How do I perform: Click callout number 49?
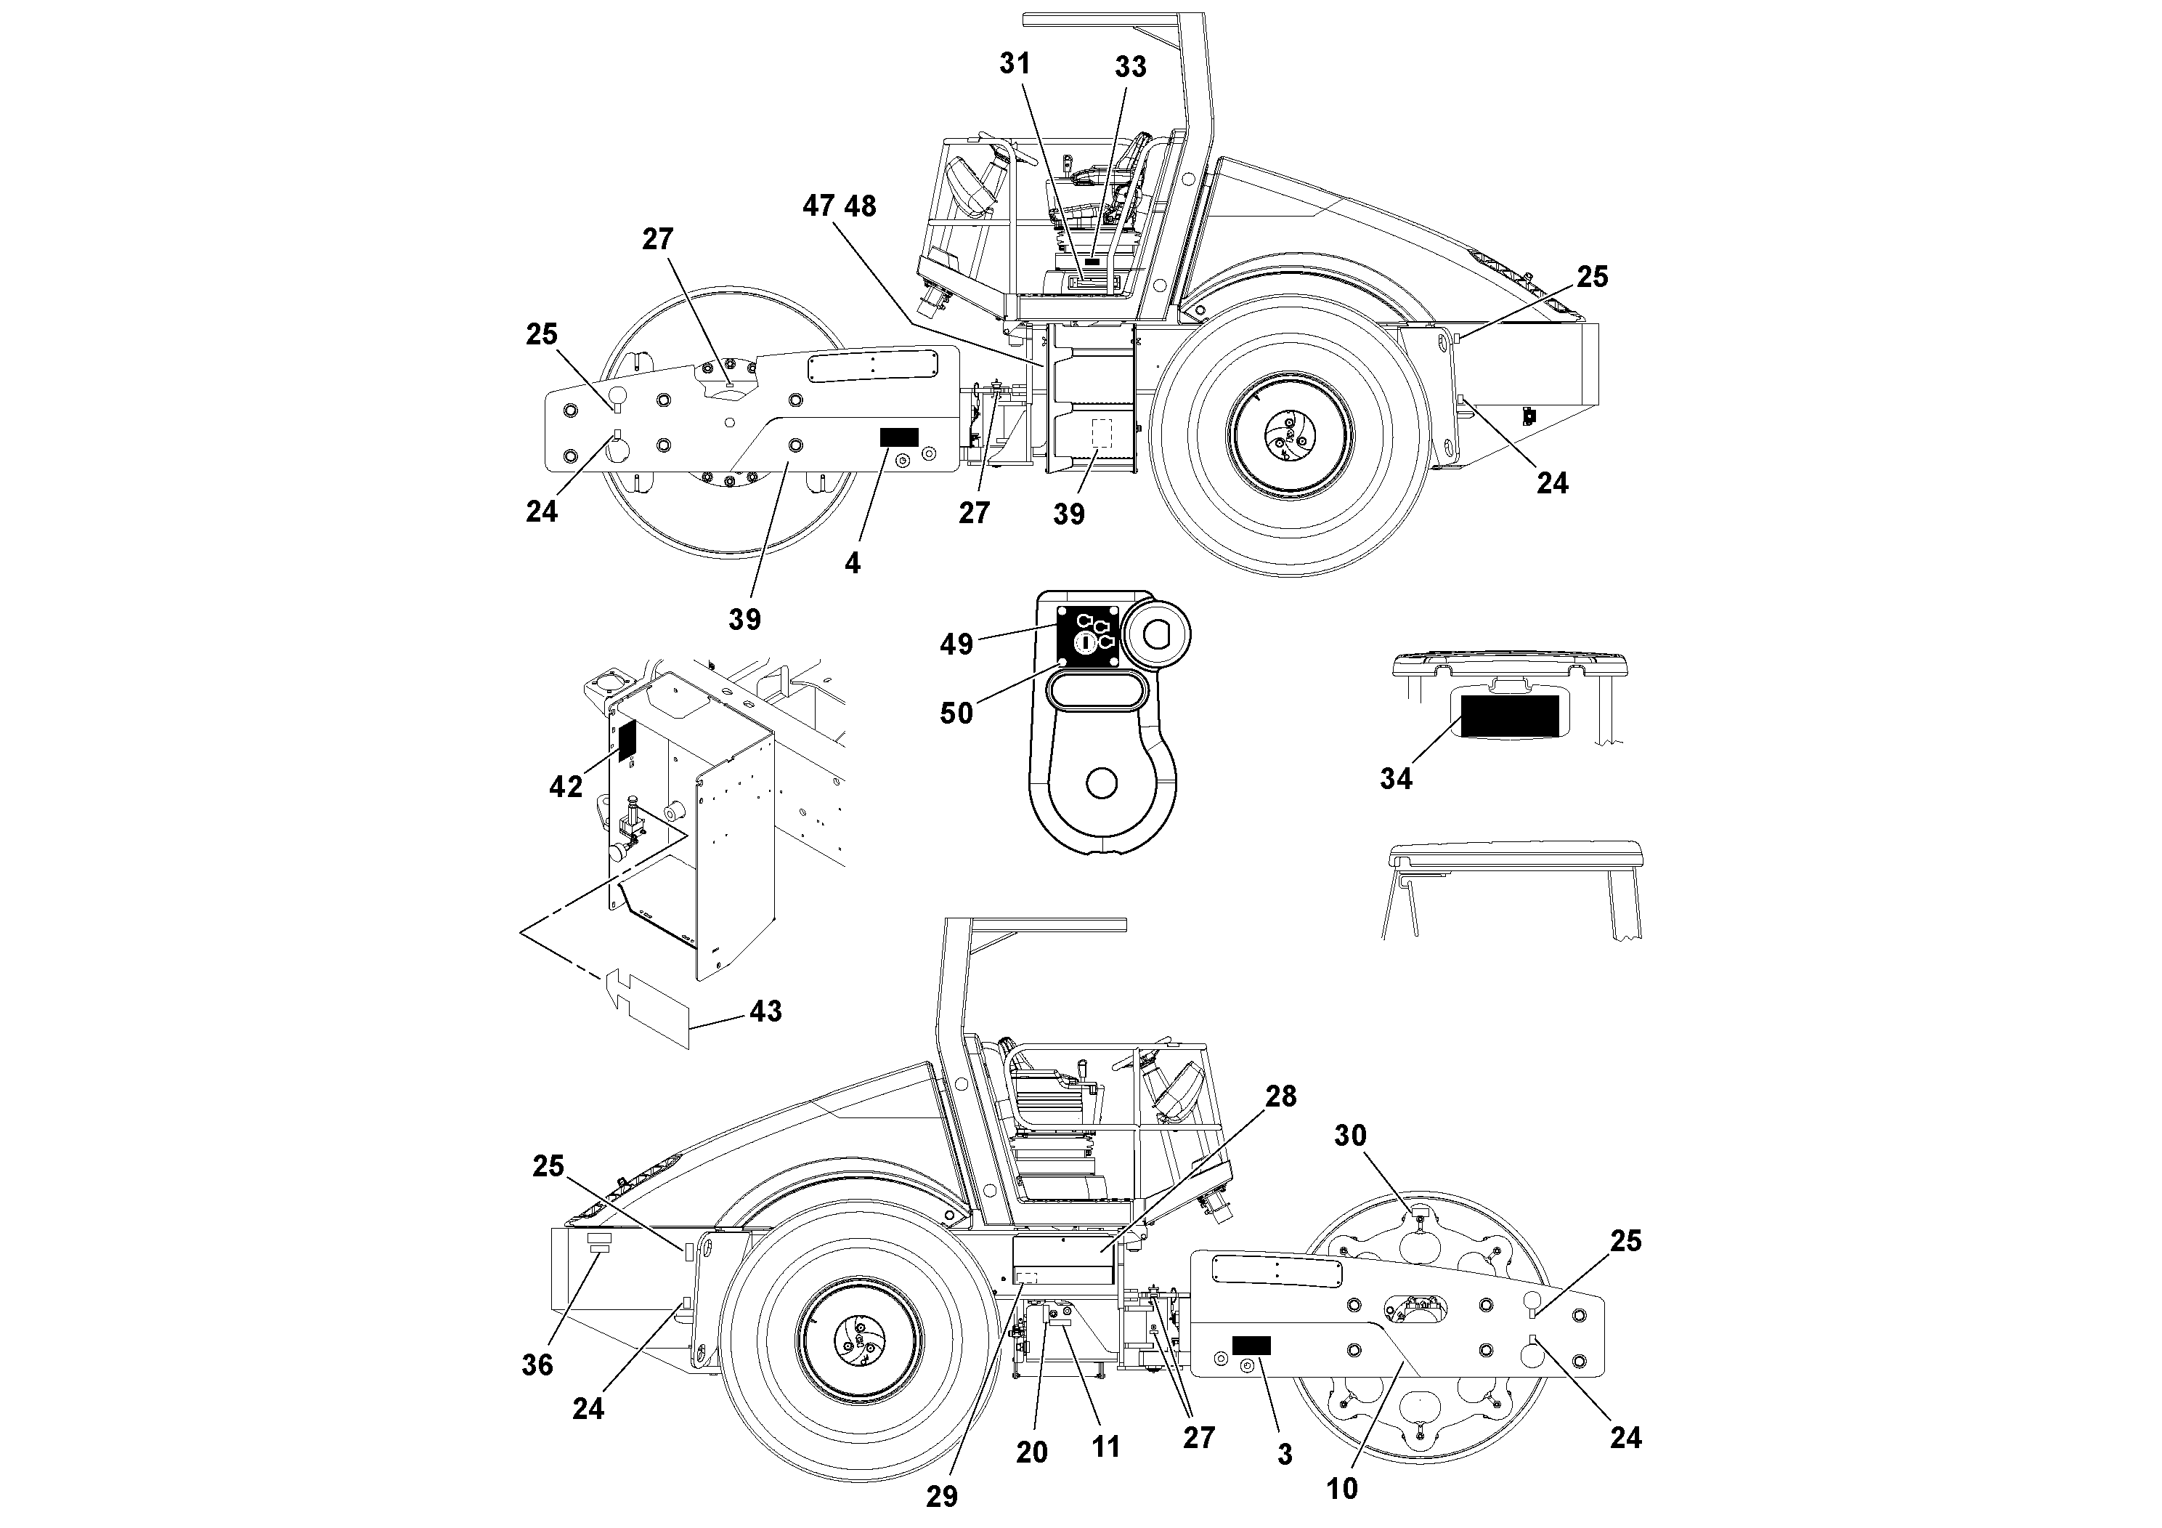(956, 644)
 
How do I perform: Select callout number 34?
(1396, 778)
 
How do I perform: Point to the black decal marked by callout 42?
(627, 740)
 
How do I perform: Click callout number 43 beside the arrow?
(765, 1011)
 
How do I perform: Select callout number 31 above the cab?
(1015, 63)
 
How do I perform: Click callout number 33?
(1131, 66)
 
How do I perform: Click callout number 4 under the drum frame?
(852, 563)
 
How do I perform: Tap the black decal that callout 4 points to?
(898, 437)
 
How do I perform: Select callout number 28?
(1280, 1096)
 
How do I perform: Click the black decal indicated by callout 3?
(1251, 1345)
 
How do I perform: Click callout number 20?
(1032, 1452)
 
